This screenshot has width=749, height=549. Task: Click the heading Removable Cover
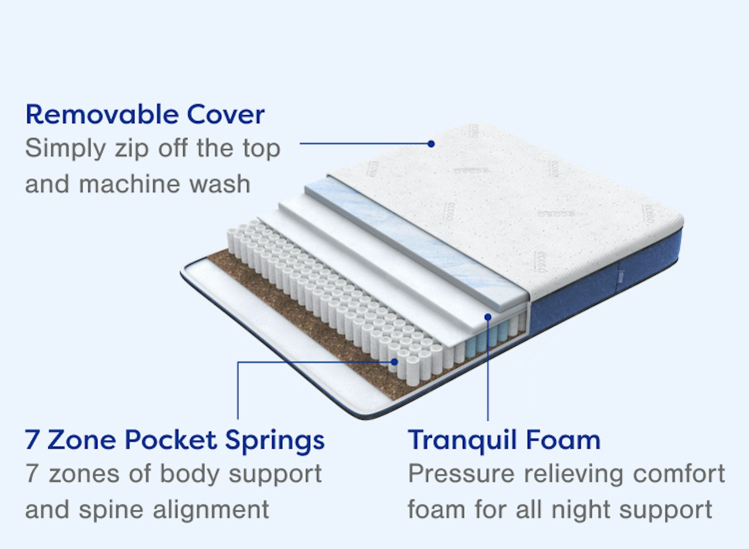pyautogui.click(x=145, y=115)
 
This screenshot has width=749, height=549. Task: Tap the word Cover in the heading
pyautogui.click(x=226, y=115)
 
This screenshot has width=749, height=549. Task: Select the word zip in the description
pyautogui.click(x=132, y=150)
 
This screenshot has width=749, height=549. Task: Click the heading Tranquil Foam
pyautogui.click(x=504, y=440)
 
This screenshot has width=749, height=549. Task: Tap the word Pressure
pyautogui.click(x=461, y=474)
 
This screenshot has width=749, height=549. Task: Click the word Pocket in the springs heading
pyautogui.click(x=171, y=440)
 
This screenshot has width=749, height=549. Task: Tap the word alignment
pyautogui.click(x=211, y=510)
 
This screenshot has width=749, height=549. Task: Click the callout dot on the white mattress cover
pyautogui.click(x=431, y=144)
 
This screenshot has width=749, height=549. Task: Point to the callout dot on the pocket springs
pyautogui.click(x=394, y=362)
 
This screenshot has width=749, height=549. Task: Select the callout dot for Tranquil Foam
pyautogui.click(x=488, y=316)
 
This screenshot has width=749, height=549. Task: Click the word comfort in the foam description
pyautogui.click(x=678, y=474)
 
